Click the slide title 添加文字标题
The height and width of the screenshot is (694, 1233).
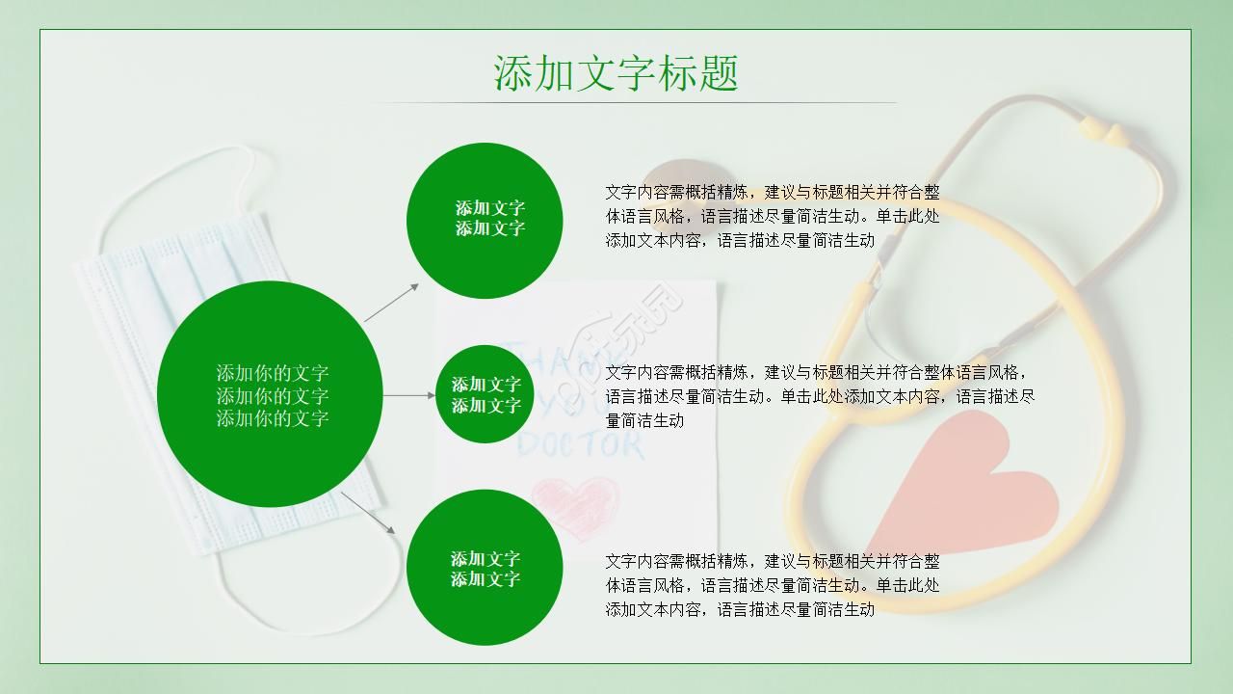616,73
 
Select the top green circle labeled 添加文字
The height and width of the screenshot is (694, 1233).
485,220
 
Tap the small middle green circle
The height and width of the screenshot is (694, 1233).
485,394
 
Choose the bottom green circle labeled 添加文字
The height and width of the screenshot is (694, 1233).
485,569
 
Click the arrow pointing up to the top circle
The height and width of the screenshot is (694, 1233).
392,302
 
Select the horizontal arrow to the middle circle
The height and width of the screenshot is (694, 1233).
409,395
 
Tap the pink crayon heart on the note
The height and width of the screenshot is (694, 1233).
574,506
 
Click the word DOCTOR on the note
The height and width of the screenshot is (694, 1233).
581,445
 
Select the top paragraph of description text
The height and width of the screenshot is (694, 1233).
773,216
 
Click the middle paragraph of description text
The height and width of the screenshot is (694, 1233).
820,396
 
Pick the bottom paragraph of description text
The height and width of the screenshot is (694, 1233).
773,585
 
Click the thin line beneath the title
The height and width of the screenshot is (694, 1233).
631,102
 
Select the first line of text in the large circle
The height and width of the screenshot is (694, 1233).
272,373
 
